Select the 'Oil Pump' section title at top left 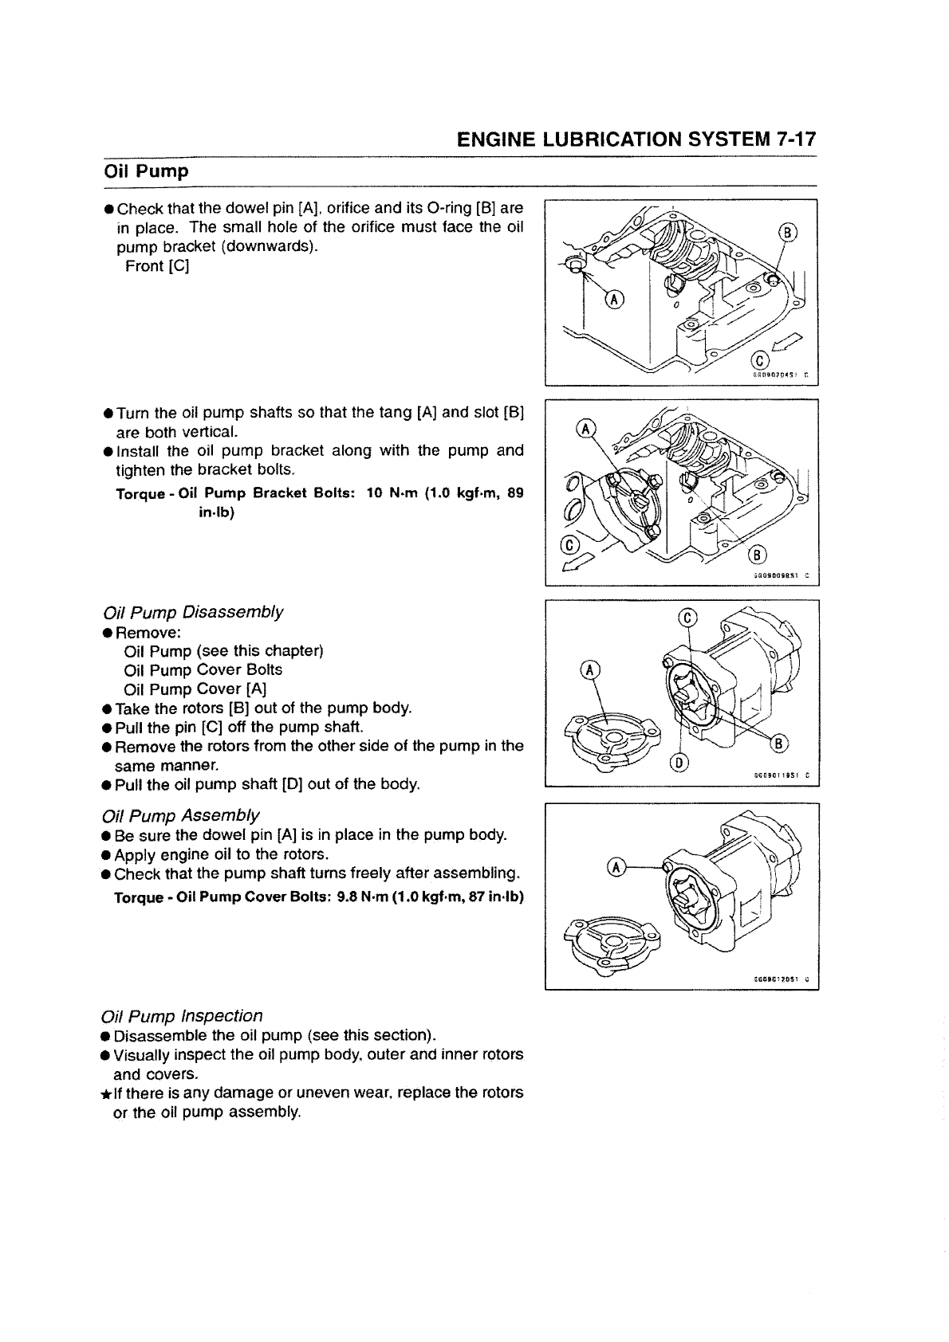[147, 171]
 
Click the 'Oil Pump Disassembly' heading [193, 612]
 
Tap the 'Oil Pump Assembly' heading [181, 815]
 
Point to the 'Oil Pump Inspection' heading [183, 1015]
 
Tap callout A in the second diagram [586, 429]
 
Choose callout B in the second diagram [758, 555]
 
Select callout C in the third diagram [689, 619]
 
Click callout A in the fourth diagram [614, 867]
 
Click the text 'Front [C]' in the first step [157, 265]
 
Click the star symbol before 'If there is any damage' [106, 1093]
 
